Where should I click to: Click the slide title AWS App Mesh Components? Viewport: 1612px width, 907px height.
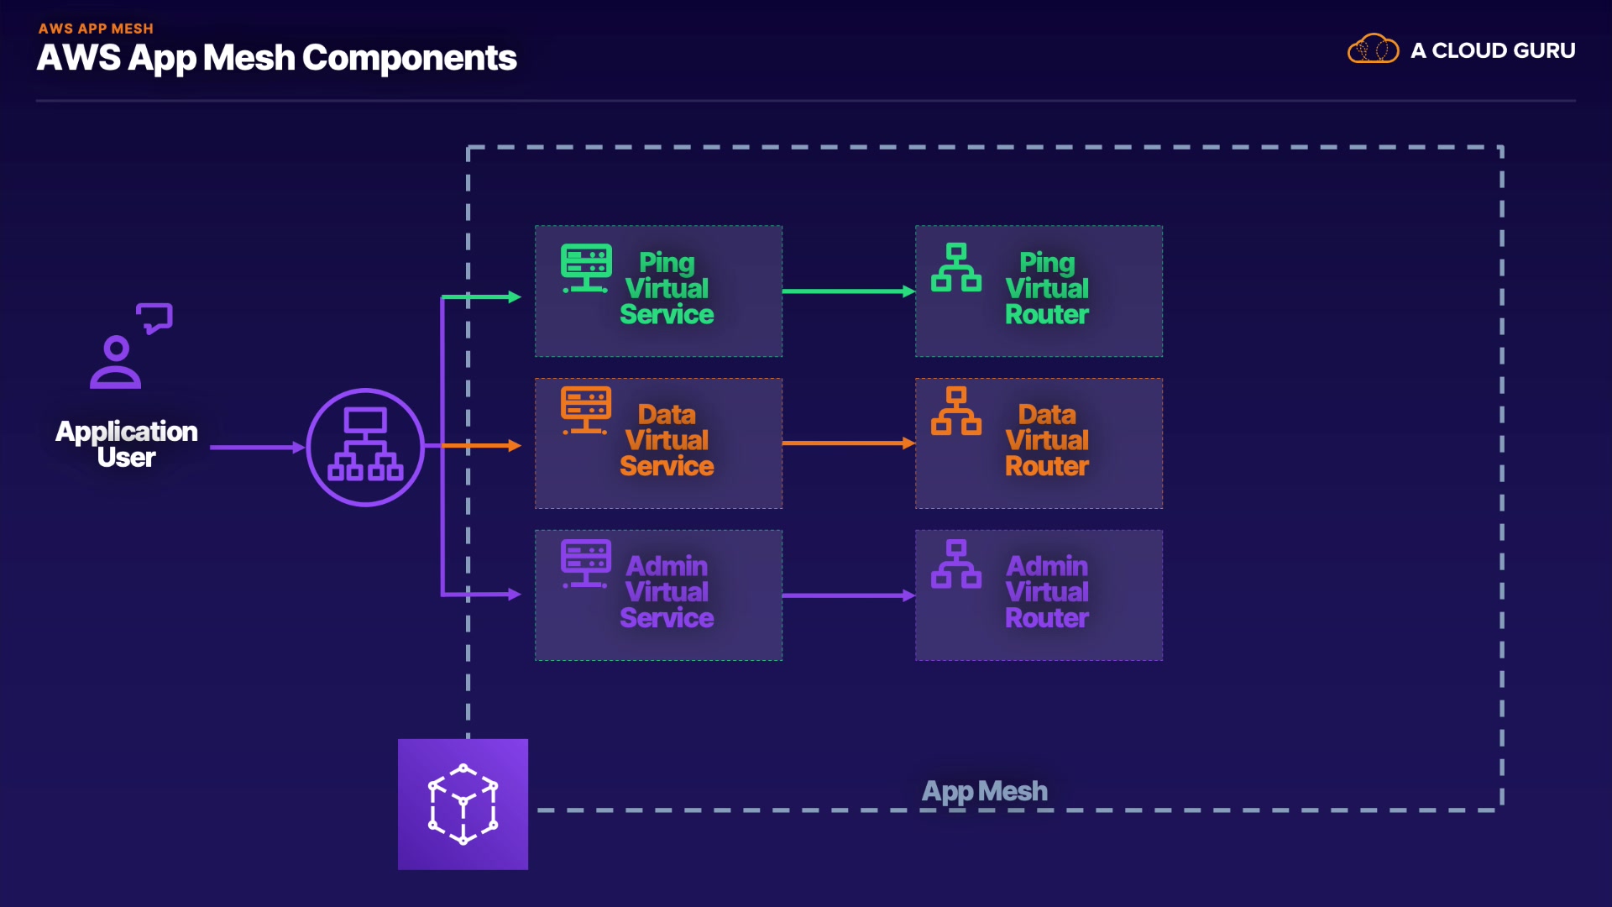[276, 58]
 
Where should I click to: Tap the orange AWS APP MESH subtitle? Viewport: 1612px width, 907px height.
[96, 29]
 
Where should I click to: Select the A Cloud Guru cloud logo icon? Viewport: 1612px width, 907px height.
[1373, 50]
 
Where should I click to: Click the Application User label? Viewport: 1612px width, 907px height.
[127, 443]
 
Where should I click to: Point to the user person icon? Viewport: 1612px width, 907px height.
[116, 362]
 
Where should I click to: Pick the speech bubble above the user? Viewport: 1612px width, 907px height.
[155, 317]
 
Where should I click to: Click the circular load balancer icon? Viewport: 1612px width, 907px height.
[365, 447]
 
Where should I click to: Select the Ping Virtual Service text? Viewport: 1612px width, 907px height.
[667, 288]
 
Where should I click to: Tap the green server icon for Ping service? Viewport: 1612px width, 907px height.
[586, 268]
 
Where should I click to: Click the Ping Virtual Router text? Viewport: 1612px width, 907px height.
[1047, 288]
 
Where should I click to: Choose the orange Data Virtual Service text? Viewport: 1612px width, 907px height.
[667, 440]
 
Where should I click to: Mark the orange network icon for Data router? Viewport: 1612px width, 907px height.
[955, 411]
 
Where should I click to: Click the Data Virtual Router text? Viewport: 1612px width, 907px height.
[1047, 440]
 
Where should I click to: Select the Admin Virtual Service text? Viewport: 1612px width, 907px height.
[667, 592]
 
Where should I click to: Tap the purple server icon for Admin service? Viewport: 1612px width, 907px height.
[586, 564]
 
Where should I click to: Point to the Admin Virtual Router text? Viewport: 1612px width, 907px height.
[1047, 592]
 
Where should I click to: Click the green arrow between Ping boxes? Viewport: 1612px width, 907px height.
[848, 291]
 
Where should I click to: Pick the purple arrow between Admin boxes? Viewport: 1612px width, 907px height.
[848, 595]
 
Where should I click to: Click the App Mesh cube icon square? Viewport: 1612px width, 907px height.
[463, 804]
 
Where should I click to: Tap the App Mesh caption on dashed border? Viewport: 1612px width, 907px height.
[984, 791]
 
